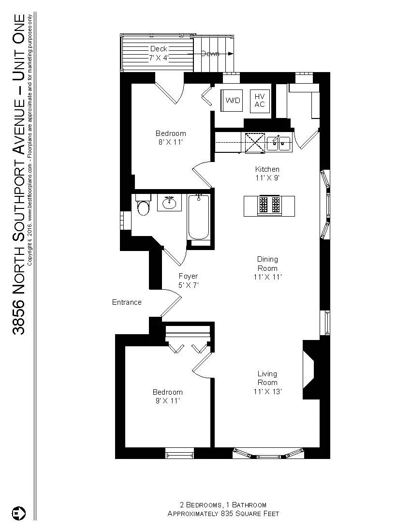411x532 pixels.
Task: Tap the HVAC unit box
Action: point(260,101)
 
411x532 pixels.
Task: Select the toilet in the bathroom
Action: point(144,207)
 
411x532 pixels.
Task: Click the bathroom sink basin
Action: point(169,203)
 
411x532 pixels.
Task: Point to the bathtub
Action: point(198,217)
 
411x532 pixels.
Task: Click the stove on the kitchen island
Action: point(269,205)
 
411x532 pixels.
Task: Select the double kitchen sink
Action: point(279,143)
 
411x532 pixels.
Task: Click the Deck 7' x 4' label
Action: point(158,53)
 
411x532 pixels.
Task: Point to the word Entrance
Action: point(127,302)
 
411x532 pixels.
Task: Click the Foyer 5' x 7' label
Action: point(188,281)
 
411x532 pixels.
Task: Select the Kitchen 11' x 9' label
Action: point(267,173)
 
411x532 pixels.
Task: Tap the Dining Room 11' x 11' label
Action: point(267,268)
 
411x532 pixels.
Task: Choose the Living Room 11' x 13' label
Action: point(267,382)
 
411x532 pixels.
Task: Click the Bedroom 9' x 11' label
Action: point(168,396)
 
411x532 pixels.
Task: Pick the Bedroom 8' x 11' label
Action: point(170,138)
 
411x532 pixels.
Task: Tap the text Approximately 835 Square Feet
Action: point(223,514)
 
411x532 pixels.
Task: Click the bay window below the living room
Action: point(269,454)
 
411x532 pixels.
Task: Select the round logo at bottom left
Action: point(18,512)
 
